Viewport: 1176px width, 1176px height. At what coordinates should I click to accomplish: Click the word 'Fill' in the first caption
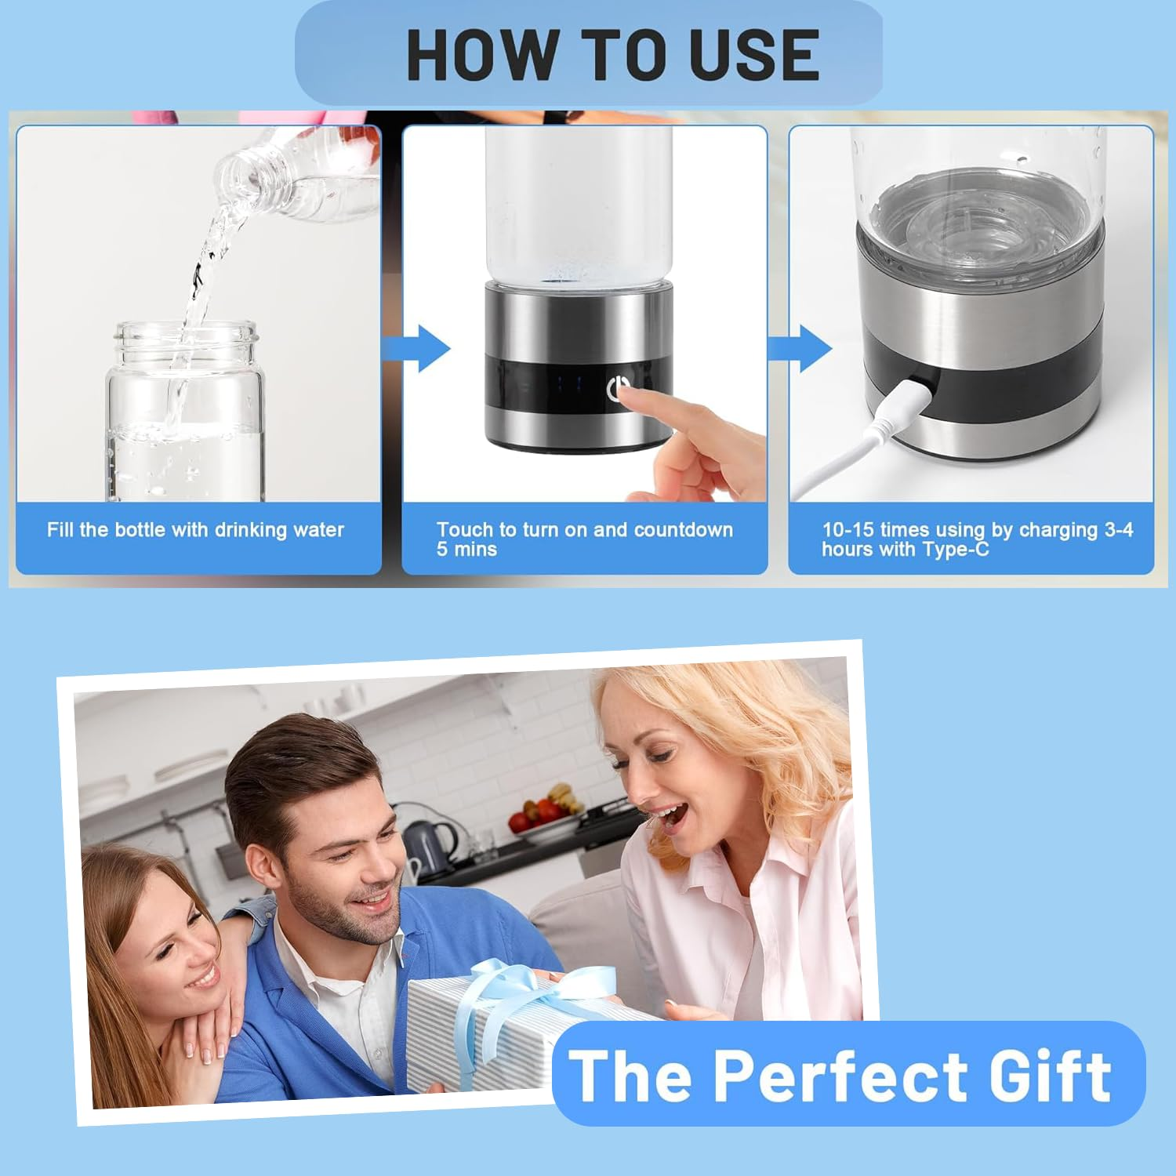click(x=60, y=530)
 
